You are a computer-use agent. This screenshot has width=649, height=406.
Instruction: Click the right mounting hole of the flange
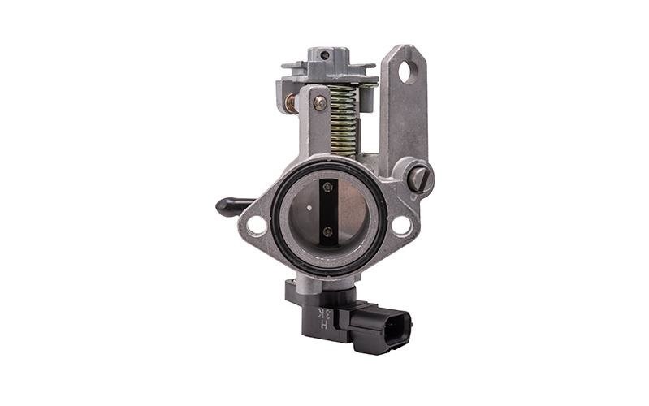tap(400, 225)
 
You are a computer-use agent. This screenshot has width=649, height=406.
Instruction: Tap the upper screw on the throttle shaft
tap(327, 188)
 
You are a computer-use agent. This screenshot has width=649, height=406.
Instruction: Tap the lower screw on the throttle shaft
tap(327, 232)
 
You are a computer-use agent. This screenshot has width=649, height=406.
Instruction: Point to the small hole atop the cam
tap(325, 55)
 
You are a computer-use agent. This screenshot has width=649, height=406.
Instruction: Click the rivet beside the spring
tap(320, 103)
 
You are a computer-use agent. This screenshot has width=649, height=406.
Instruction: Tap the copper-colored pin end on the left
tap(290, 103)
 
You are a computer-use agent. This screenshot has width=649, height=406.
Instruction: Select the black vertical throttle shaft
tap(328, 211)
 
